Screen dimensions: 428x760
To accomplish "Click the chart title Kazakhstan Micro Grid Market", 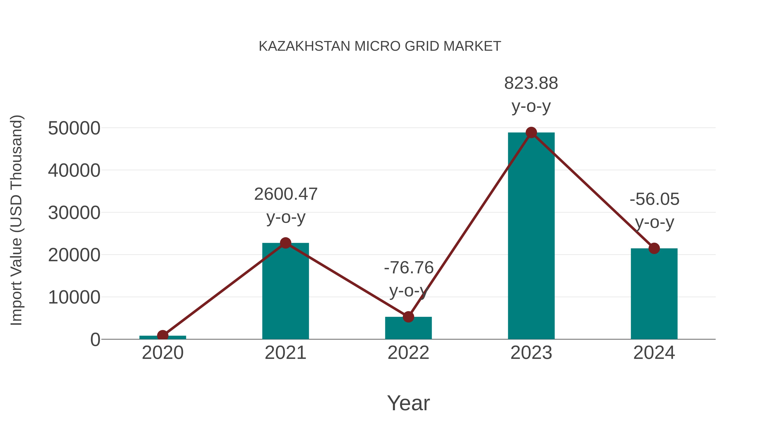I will pos(380,46).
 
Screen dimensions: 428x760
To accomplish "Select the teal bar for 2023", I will pos(531,236).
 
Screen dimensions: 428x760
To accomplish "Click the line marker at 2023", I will pos(531,133).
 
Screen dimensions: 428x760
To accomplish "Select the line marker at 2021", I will pos(285,243).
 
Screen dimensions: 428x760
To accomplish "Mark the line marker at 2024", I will pos(654,248).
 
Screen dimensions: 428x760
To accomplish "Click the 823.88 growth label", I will pos(531,83).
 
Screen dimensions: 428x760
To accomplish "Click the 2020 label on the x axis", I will pos(163,353).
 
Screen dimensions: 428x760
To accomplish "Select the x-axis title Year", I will pos(408,403).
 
